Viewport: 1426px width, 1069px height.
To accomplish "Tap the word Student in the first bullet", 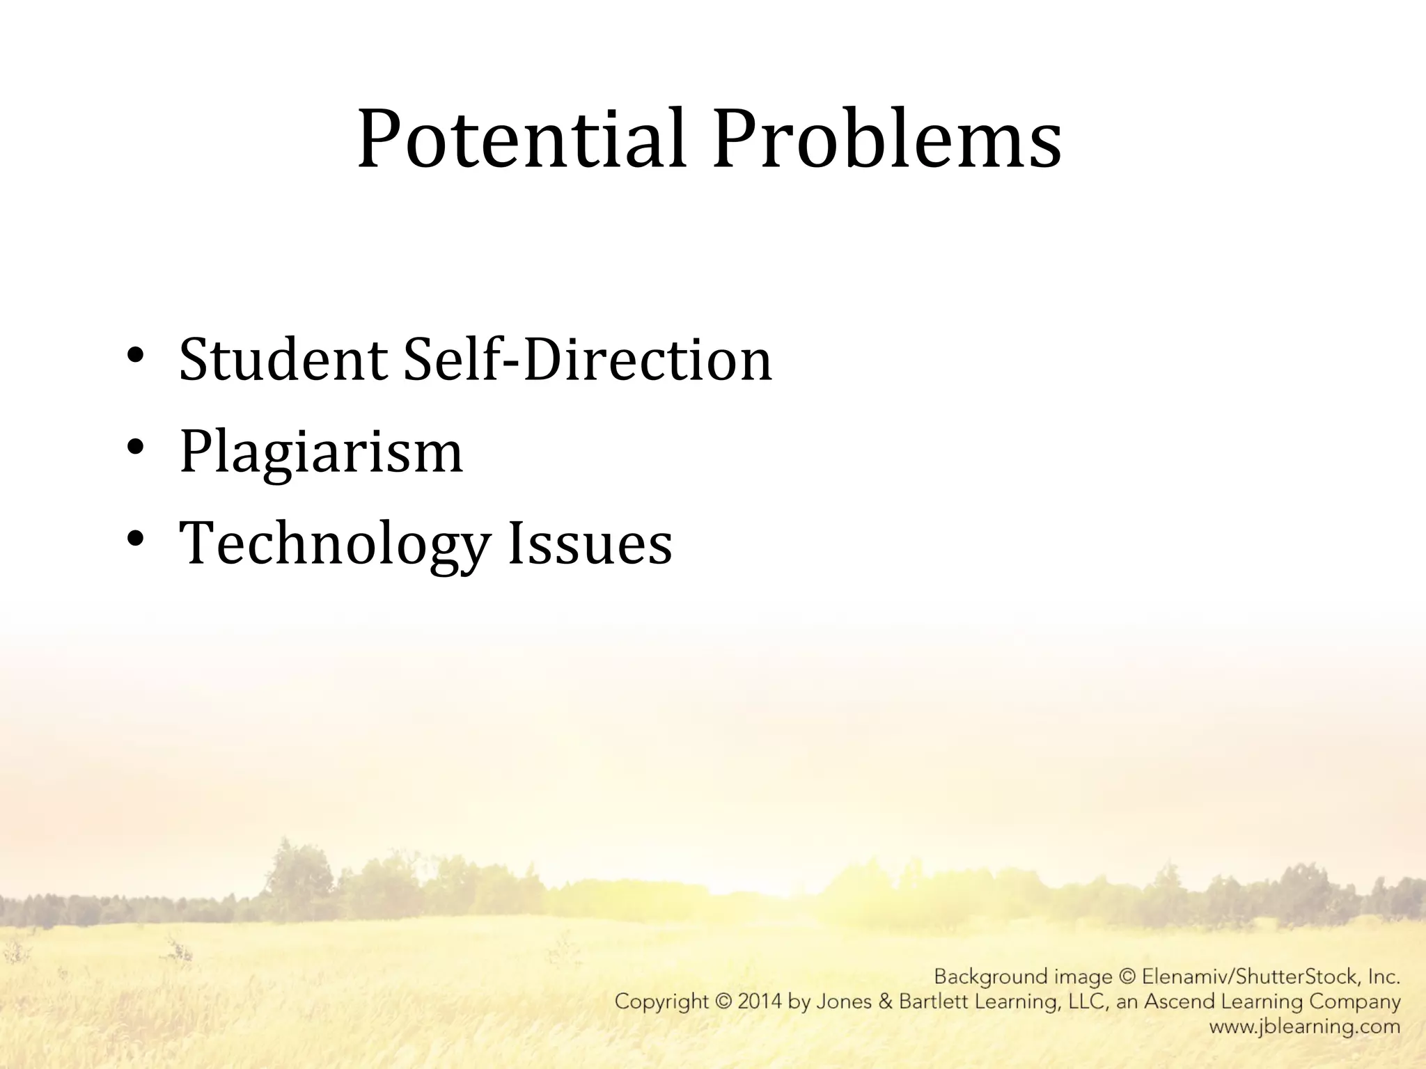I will tap(283, 360).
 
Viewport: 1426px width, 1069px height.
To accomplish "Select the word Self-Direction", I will tap(588, 360).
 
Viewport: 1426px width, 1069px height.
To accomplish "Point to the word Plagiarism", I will tap(321, 452).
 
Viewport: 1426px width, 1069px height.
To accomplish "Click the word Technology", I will tap(334, 544).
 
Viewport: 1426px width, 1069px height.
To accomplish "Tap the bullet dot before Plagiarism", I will tap(136, 446).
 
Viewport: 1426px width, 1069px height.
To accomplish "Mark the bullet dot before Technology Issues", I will tap(136, 538).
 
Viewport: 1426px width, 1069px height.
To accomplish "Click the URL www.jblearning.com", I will tap(1304, 1027).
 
